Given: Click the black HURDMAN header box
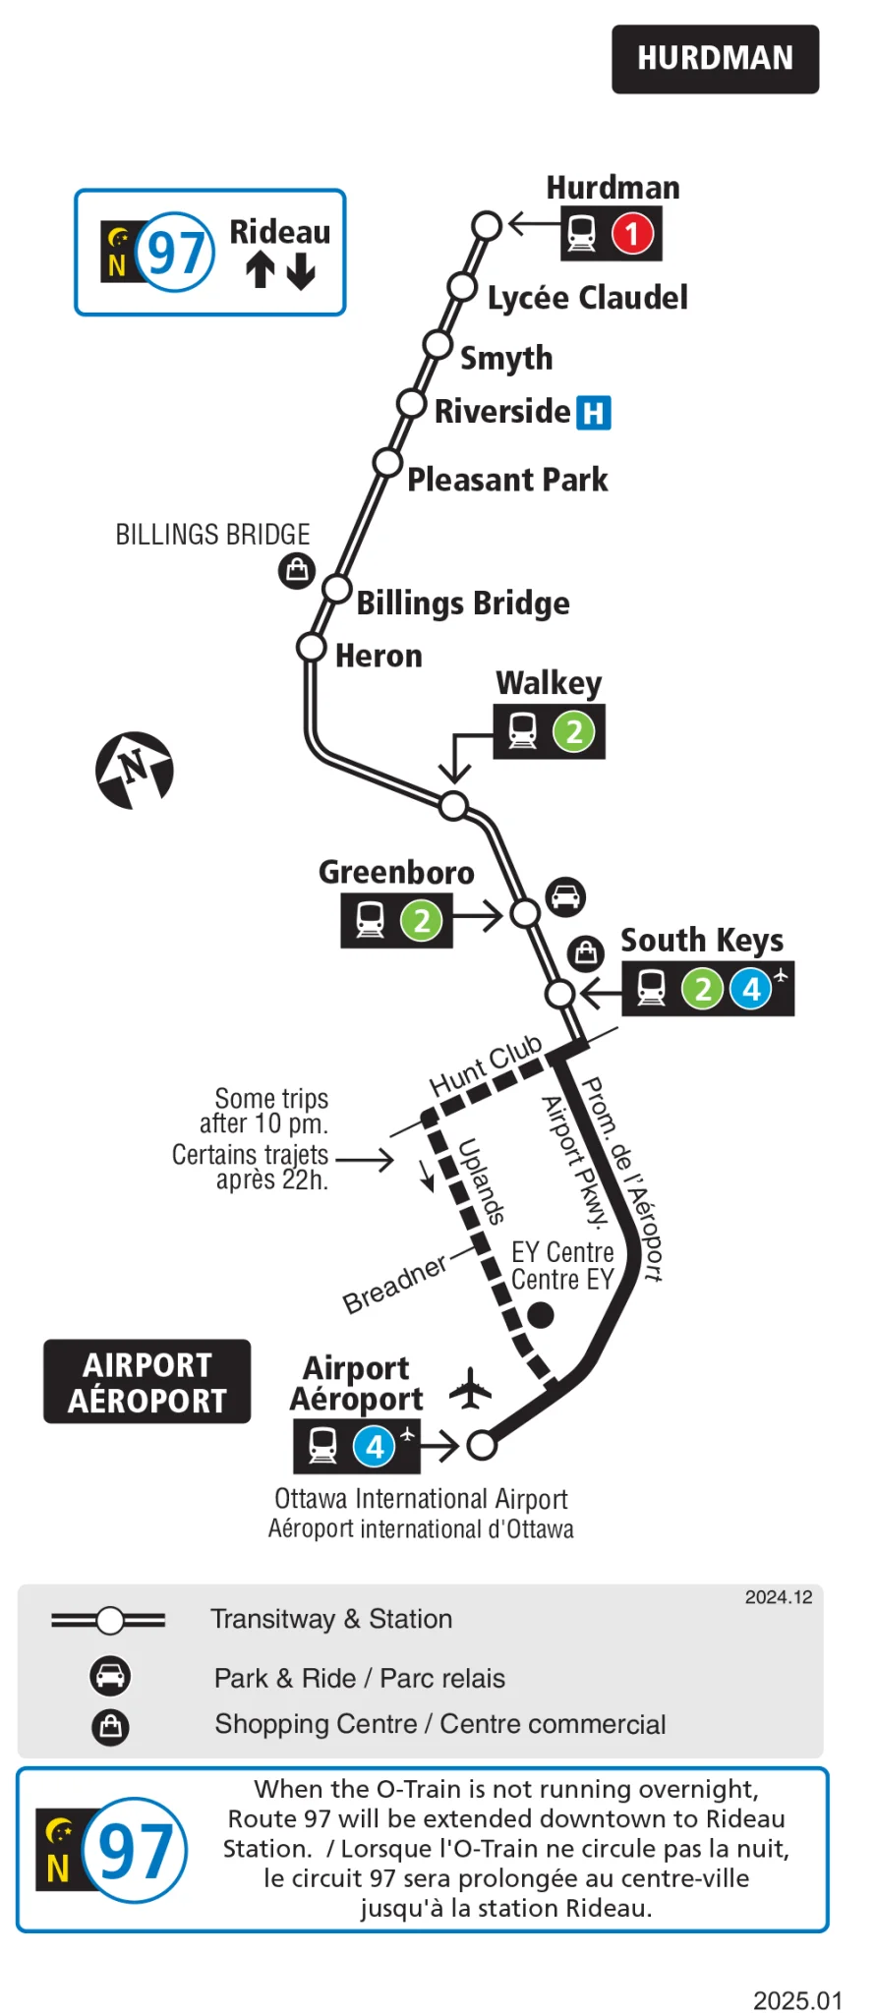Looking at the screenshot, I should click(x=715, y=59).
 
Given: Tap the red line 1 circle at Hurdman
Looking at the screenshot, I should click(x=632, y=234).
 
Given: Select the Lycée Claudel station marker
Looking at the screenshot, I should click(x=462, y=287).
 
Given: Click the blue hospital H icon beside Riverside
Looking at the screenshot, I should click(x=593, y=413).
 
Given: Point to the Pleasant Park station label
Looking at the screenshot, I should click(x=507, y=480).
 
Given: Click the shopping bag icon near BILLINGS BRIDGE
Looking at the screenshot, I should click(x=296, y=570).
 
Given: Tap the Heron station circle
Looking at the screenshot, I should click(x=312, y=648).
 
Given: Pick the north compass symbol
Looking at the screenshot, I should click(x=135, y=770).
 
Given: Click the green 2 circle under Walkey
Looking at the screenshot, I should click(x=574, y=731).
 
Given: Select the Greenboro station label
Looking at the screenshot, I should click(x=396, y=872).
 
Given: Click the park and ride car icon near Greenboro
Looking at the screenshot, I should click(x=565, y=896).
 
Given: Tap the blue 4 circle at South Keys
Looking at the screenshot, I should click(x=752, y=988).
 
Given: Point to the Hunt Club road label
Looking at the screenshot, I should click(x=486, y=1065).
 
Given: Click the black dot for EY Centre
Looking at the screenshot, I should click(x=541, y=1314).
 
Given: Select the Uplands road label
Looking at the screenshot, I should click(x=482, y=1181).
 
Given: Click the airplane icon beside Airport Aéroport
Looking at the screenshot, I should click(x=471, y=1388).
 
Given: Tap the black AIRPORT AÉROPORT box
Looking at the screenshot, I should click(x=146, y=1382).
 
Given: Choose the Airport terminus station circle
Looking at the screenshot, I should click(x=482, y=1445).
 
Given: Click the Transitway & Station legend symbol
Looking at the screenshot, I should click(x=109, y=1620).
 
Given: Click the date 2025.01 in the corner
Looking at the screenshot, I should click(x=797, y=2000).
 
